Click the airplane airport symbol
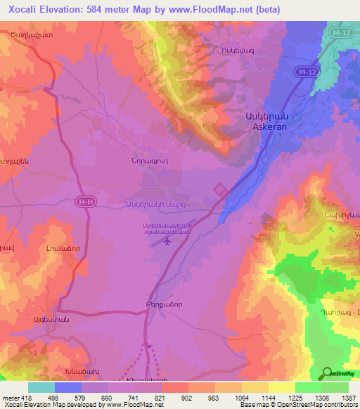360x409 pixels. (x=167, y=242)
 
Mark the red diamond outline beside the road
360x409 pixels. (x=221, y=190)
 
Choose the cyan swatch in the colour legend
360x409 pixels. (x=41, y=387)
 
